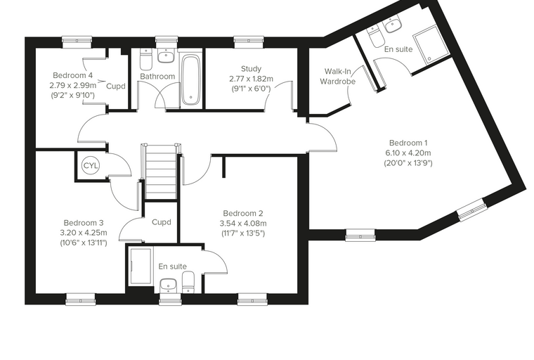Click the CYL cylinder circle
coord(90,166)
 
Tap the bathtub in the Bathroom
coord(190,79)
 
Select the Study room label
coord(251,69)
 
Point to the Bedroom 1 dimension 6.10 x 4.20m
coord(408,153)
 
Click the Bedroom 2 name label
coord(243,214)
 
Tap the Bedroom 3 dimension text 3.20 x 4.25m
coord(84,233)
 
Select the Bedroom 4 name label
coord(73,75)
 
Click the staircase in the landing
coord(161,171)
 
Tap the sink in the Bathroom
coord(167,56)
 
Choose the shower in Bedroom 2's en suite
coord(141,266)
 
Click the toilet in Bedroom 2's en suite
coord(188,281)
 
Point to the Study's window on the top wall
coord(249,42)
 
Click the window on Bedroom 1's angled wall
coord(471,209)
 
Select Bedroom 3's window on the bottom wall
coord(80,299)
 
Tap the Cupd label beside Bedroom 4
coord(116,86)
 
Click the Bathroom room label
coord(157,77)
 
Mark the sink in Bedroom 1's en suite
coord(393,25)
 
